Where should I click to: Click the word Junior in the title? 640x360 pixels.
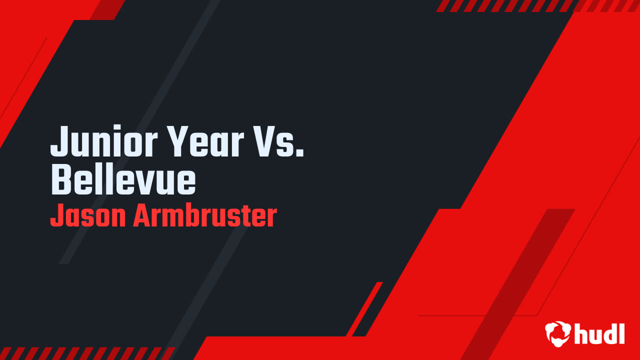pos(104,140)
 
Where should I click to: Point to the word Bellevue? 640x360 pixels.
pos(123,179)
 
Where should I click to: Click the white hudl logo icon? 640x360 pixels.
pos(557,333)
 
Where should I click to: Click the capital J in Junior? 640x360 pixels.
pos(60,141)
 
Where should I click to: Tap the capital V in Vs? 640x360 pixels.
pos(263,141)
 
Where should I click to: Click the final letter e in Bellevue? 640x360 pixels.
pos(186,183)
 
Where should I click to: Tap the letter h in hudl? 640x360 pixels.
pos(581,333)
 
